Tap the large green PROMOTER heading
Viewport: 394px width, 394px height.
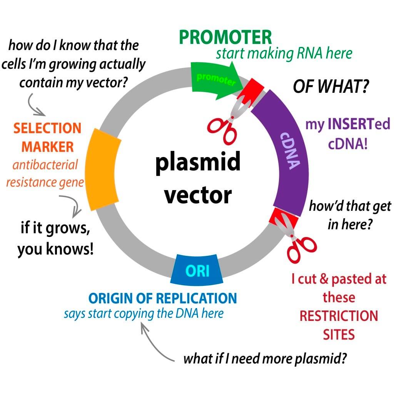(225, 37)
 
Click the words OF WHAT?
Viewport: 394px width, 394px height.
(331, 87)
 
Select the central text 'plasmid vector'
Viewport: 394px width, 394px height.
(198, 177)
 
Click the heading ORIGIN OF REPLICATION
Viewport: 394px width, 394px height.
(162, 298)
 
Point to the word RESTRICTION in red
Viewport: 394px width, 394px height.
(339, 316)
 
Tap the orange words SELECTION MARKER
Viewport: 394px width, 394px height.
(47, 137)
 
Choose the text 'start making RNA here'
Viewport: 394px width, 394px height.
(284, 53)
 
